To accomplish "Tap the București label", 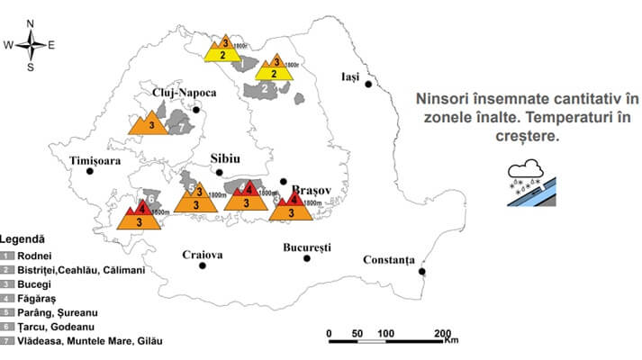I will point(307,246).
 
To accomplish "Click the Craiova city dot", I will point(203,265).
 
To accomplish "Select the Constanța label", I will point(389,260).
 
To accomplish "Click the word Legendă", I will point(23,240).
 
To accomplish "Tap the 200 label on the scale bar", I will point(441,332).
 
